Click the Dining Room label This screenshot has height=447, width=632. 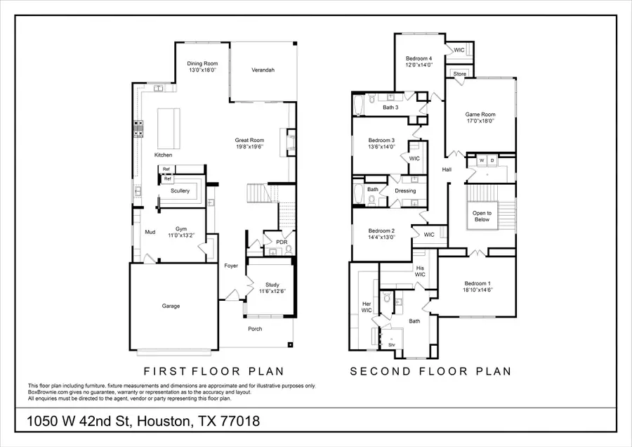point(197,64)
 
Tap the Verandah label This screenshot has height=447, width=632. point(263,70)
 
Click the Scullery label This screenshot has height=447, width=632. point(180,191)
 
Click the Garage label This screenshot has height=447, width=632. point(171,306)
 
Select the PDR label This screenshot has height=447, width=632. point(282,242)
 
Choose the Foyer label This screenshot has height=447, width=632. point(231,266)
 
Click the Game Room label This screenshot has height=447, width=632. point(480,115)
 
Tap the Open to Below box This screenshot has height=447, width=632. point(482,216)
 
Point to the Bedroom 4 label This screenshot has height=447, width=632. point(419,58)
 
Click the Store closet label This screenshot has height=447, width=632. point(459,74)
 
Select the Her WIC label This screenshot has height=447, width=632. point(366,304)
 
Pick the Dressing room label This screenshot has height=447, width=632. point(405,190)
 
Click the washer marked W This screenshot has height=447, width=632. point(482,160)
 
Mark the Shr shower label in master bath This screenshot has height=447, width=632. point(391,345)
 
